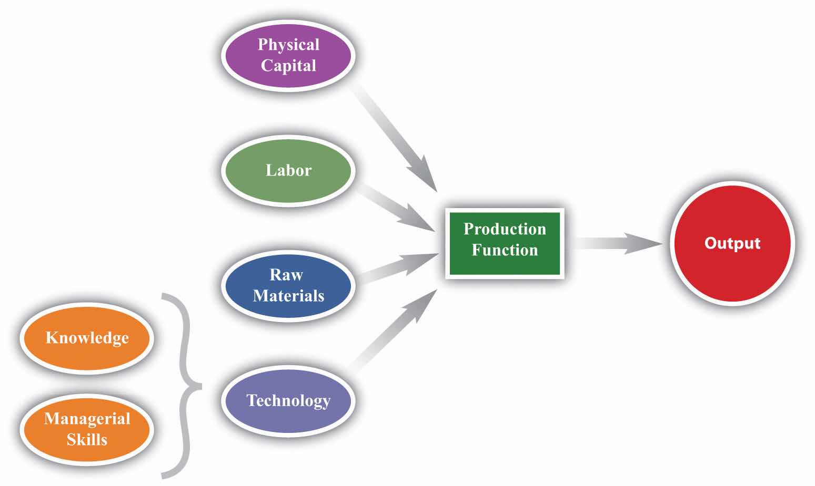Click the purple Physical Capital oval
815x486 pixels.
point(288,55)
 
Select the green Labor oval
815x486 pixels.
point(288,170)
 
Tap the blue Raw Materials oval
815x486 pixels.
point(288,285)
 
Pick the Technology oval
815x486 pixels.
point(288,401)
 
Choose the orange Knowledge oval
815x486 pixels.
point(87,337)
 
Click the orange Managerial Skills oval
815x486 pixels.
point(87,429)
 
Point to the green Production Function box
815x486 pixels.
point(505,243)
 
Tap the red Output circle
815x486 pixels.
point(732,243)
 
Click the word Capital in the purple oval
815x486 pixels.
point(288,66)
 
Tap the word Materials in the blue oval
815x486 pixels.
point(288,296)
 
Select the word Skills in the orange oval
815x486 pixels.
point(87,439)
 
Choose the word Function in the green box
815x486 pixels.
point(505,250)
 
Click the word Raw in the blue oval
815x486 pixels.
point(286,275)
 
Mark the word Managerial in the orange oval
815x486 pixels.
point(87,419)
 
